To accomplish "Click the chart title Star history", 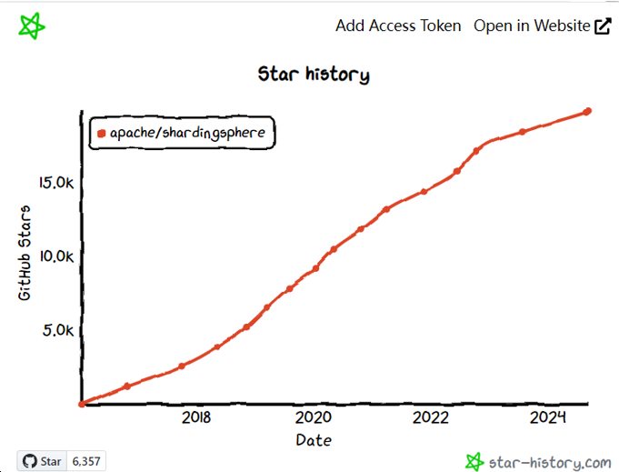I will pos(314,75).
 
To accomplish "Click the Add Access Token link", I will pos(398,25).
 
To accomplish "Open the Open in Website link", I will pos(532,25).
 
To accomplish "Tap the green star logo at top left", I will pos(32,26).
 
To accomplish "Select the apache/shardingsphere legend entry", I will pos(182,133).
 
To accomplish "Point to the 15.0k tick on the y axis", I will pos(56,183).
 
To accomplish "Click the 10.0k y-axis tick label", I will pos(56,256).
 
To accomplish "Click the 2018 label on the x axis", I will pos(196,417).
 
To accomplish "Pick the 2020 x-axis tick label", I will pos(314,417).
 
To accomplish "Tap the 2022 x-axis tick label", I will pos(431,417).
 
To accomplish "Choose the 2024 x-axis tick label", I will pos(548,417).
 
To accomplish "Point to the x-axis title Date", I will pos(314,440).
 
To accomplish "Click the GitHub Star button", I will pos(42,461).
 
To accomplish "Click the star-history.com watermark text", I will pos(549,461).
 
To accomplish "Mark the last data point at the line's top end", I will pos(588,111).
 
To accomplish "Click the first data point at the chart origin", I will pos(82,403).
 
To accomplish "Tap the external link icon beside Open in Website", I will pos(603,26).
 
